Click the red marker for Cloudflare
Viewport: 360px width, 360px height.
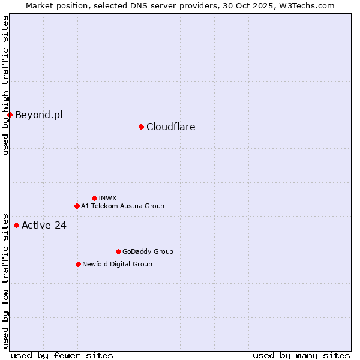141,127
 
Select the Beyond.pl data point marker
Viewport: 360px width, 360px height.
10,115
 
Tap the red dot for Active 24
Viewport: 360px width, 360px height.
16,226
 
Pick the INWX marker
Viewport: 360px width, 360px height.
94,198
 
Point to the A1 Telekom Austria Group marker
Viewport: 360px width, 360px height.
77,206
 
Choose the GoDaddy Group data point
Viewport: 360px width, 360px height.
118,251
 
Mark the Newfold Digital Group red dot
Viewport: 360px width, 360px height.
78,264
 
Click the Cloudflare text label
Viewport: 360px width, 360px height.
170,127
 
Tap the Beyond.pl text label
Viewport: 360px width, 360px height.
38,115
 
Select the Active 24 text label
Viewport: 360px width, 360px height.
44,226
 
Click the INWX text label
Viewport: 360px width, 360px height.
107,198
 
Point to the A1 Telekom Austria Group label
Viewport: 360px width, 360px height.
122,206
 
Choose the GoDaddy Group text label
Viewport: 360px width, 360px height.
148,251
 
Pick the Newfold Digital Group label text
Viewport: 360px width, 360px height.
117,264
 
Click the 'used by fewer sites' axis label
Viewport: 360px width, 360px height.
62,355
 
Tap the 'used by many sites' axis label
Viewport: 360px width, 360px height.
301,355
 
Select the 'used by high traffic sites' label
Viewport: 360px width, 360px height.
6,85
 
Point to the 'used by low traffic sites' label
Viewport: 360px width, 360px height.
6,280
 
